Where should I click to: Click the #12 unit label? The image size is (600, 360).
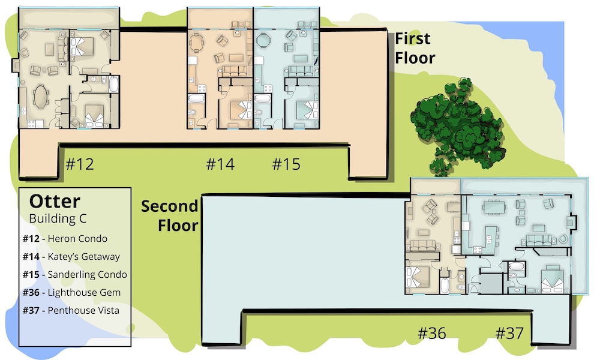click(80, 164)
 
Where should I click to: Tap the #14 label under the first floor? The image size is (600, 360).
click(220, 164)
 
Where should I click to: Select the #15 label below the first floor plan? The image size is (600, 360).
click(286, 164)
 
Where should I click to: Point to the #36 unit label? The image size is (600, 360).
click(431, 333)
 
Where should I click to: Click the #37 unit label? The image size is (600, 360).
click(509, 333)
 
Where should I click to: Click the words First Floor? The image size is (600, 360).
click(415, 49)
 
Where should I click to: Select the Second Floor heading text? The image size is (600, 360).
click(170, 216)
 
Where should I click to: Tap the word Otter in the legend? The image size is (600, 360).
click(55, 201)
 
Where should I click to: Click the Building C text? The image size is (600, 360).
click(58, 218)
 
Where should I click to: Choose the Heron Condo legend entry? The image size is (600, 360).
click(65, 239)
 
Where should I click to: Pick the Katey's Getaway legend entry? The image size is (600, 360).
click(71, 257)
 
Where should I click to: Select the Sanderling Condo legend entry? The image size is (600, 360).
click(74, 275)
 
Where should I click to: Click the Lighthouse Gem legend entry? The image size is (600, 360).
click(71, 293)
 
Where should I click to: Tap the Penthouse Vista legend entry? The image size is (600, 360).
click(71, 310)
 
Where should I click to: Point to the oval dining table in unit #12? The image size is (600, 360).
click(41, 97)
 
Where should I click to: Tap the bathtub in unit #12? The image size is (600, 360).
click(114, 84)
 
